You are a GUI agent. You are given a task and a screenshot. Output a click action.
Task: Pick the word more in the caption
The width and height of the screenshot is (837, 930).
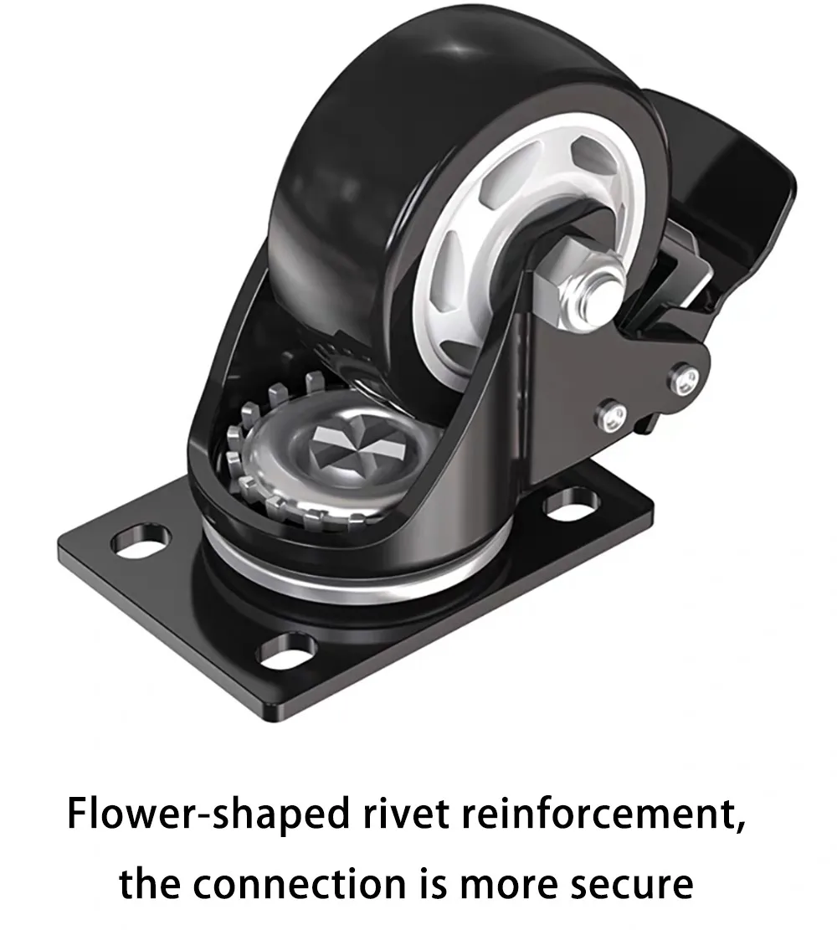[x=507, y=884]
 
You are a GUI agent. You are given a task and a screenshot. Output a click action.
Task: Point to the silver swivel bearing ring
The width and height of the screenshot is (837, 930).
[x=335, y=578]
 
